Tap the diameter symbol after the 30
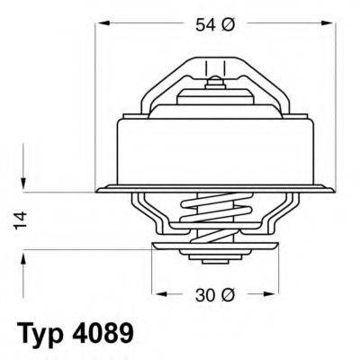click(229, 292)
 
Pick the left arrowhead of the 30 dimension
click(158, 292)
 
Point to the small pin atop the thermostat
click(215, 84)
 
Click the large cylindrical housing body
click(216, 148)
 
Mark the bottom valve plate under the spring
click(216, 246)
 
